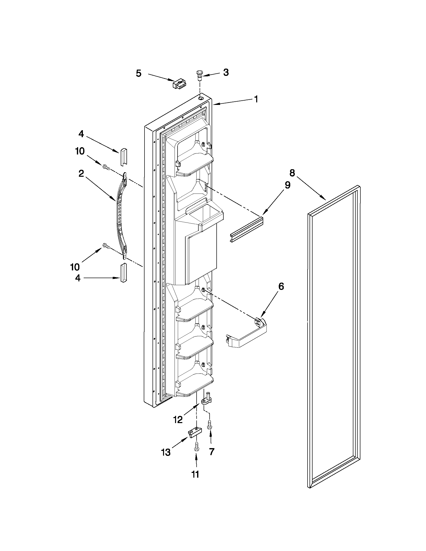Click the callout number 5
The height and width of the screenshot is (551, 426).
pyautogui.click(x=138, y=73)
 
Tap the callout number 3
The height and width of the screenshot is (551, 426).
pyautogui.click(x=226, y=72)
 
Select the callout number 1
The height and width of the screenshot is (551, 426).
pyautogui.click(x=256, y=99)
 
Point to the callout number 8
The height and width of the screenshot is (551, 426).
pyautogui.click(x=292, y=173)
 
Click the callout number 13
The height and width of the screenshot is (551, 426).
pyautogui.click(x=166, y=453)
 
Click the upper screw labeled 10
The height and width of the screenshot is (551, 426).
pyautogui.click(x=106, y=167)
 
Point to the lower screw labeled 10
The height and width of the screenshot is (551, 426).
pyautogui.click(x=106, y=246)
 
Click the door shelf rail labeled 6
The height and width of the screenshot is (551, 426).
pyautogui.click(x=246, y=334)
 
